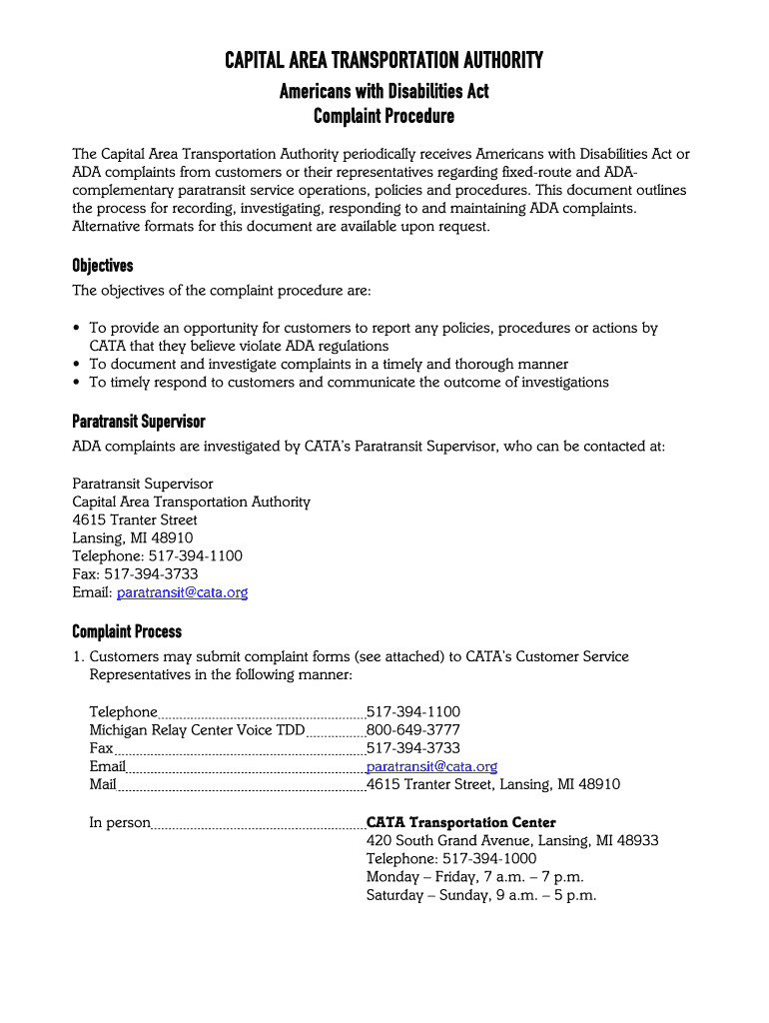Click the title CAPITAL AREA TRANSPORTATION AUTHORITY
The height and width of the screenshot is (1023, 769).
pos(384,61)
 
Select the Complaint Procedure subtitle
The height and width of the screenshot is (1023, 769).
pos(384,116)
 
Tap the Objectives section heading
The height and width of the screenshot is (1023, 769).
pos(102,266)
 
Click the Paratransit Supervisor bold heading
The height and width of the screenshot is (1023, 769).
pos(138,421)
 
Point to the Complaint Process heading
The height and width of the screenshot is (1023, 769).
pos(127,631)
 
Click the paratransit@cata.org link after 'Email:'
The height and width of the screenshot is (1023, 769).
pos(182,592)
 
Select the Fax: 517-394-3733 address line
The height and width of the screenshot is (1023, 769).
pos(135,574)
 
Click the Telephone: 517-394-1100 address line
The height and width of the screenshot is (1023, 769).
pos(157,556)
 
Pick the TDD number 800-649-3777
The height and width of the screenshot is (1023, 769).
pos(413,730)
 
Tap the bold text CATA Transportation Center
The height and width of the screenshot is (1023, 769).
pos(460,823)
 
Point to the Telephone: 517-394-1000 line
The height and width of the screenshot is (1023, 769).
pos(450,859)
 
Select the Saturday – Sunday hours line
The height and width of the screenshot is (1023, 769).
pos(480,895)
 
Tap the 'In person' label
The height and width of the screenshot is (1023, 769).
pos(120,823)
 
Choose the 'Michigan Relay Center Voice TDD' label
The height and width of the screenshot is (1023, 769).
pos(197,730)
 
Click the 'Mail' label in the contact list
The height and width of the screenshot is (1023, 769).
pos(103,784)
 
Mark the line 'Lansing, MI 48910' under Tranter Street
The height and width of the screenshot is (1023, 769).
pos(133,538)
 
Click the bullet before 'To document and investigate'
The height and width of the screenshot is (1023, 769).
pos(78,365)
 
